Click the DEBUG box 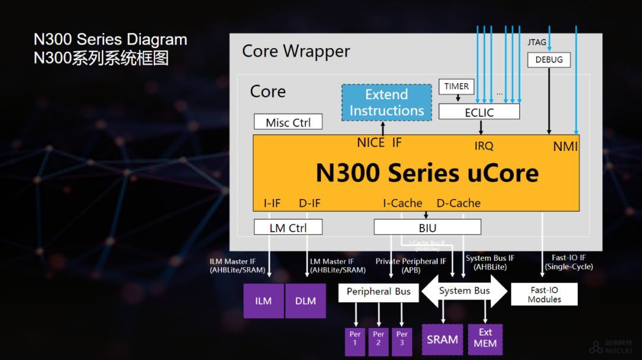pyautogui.click(x=549, y=60)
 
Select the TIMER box pyautogui.click(x=457, y=87)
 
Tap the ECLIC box pyautogui.click(x=479, y=112)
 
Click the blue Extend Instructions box pyautogui.click(x=386, y=103)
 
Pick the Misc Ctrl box pyautogui.click(x=288, y=122)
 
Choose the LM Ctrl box pyautogui.click(x=288, y=228)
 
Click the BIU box pyautogui.click(x=427, y=228)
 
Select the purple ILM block pyautogui.click(x=263, y=301)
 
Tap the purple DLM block pyautogui.click(x=306, y=301)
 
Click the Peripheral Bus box pyautogui.click(x=379, y=292)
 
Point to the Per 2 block pyautogui.click(x=379, y=342)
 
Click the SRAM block pyautogui.click(x=442, y=340)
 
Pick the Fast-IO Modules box pyautogui.click(x=544, y=295)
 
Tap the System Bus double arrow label pyautogui.click(x=465, y=291)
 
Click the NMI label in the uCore pyautogui.click(x=565, y=146)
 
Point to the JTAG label pyautogui.click(x=537, y=43)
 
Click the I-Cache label pyautogui.click(x=402, y=203)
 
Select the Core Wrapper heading pyautogui.click(x=296, y=51)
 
